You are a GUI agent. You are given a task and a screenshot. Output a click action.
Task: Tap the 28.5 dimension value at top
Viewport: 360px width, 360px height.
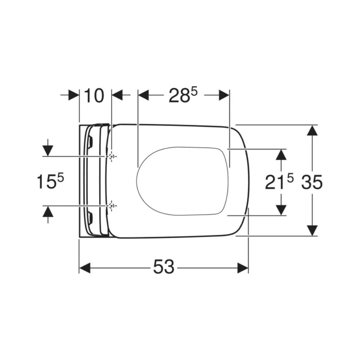[183, 95]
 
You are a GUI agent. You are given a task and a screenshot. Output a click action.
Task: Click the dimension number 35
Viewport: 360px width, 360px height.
[312, 182]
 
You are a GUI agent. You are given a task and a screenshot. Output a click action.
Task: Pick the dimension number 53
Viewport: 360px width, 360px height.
[164, 267]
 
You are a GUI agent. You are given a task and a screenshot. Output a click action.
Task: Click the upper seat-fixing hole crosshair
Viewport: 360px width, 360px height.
[112, 157]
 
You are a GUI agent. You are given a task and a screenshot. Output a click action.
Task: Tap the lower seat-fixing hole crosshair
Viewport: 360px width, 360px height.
[112, 206]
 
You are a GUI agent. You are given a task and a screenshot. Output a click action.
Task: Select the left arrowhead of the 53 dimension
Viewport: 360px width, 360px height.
[85, 268]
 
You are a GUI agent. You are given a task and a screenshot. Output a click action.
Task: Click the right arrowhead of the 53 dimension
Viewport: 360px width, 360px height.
[243, 268]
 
